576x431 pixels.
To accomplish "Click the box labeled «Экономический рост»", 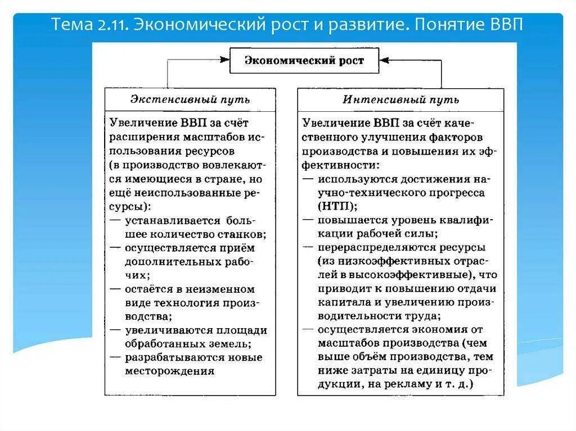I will [304, 61].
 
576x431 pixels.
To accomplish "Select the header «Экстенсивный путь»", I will [190, 99].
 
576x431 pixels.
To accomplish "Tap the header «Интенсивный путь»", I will [400, 99].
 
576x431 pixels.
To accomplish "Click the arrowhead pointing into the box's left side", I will [226, 58].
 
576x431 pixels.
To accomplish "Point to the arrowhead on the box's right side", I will [383, 58].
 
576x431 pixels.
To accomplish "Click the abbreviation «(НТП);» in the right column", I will [337, 206].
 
